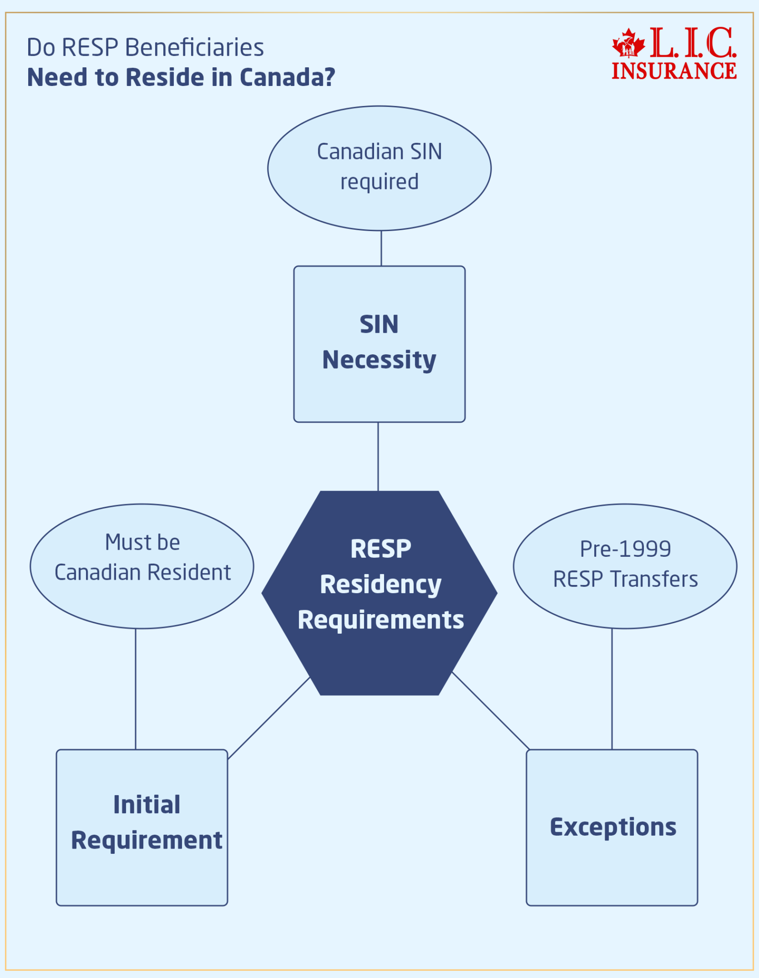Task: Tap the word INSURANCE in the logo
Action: tap(674, 71)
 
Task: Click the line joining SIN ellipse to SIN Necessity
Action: tap(381, 248)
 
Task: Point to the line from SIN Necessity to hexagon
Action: tap(378, 457)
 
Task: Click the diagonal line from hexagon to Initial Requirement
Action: tap(269, 718)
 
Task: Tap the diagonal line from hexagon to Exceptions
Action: tap(491, 711)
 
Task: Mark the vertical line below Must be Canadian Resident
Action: tap(136, 689)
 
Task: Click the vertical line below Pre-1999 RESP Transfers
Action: tap(612, 689)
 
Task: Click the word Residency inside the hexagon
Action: tap(381, 585)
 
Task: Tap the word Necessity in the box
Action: tap(379, 360)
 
